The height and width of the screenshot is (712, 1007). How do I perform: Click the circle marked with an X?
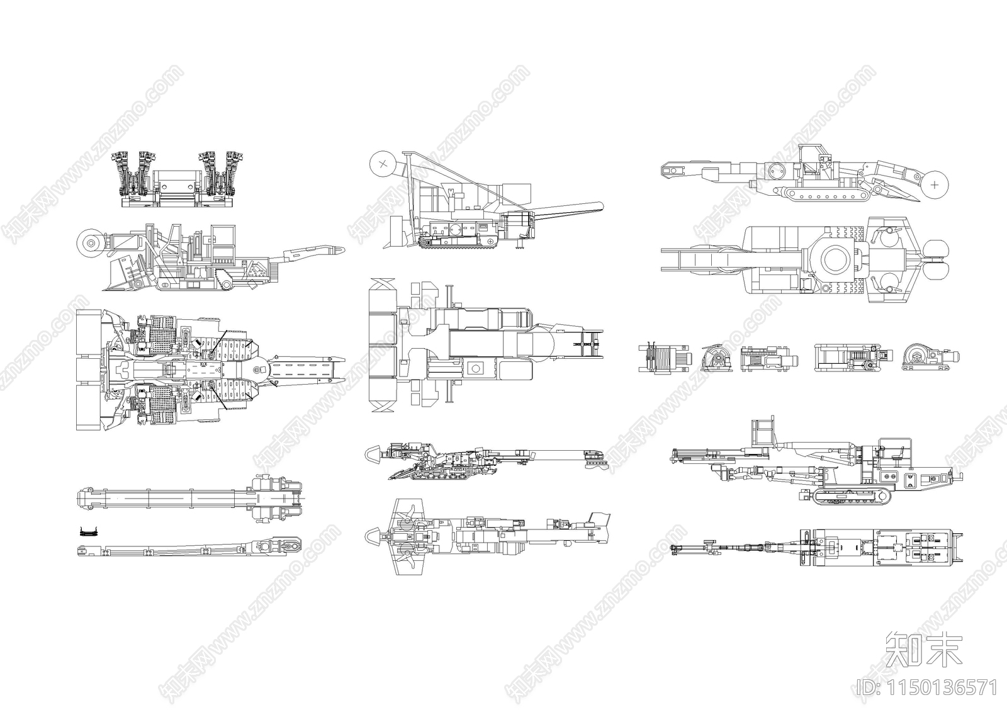[x=383, y=164]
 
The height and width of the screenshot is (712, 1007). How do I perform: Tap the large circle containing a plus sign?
[x=935, y=185]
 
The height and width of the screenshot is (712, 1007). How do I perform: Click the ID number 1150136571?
[x=927, y=687]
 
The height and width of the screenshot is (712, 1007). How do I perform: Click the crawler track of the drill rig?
[x=852, y=497]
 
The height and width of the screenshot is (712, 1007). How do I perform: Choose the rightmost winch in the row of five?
[x=931, y=358]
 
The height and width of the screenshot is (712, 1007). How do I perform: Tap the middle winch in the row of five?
[x=769, y=359]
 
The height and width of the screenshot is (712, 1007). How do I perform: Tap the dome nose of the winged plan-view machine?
[x=373, y=536]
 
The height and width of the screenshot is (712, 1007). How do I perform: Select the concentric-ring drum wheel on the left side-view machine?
[x=91, y=243]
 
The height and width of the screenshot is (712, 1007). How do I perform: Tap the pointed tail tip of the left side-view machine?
[x=344, y=249]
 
